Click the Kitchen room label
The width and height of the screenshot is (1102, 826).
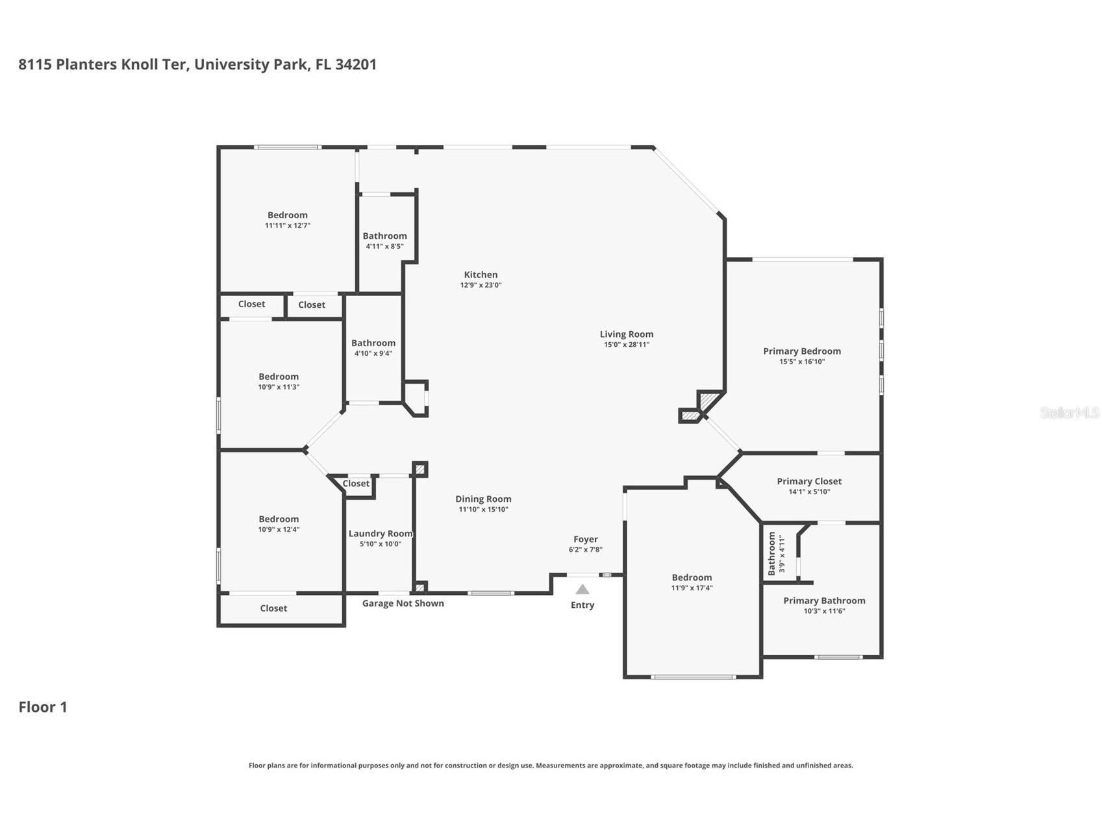(481, 275)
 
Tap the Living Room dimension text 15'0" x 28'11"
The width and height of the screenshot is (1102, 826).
(626, 345)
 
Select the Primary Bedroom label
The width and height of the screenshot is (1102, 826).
(801, 351)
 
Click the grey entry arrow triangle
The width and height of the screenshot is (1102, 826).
(582, 590)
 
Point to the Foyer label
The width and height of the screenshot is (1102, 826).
(585, 539)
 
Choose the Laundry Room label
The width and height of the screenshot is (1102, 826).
(380, 534)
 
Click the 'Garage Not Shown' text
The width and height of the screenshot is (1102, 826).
(403, 603)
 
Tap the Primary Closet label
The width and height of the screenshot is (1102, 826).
(808, 481)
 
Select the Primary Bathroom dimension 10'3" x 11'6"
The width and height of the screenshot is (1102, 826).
(824, 611)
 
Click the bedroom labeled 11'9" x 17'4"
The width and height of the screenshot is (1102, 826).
(692, 577)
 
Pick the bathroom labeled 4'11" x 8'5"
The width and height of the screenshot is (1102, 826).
(384, 236)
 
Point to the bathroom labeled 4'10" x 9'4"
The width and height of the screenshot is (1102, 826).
(373, 344)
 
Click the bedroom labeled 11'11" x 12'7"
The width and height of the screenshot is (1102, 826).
(287, 216)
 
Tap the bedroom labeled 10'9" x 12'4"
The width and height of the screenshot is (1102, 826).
(279, 519)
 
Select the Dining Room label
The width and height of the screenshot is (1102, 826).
(482, 499)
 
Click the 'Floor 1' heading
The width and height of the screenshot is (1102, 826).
(43, 707)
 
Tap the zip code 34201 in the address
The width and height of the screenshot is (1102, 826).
(355, 64)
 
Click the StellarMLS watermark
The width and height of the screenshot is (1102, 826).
(1069, 412)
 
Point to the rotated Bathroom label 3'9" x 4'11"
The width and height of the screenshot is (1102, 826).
(772, 553)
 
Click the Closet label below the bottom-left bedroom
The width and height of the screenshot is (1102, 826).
(273, 608)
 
